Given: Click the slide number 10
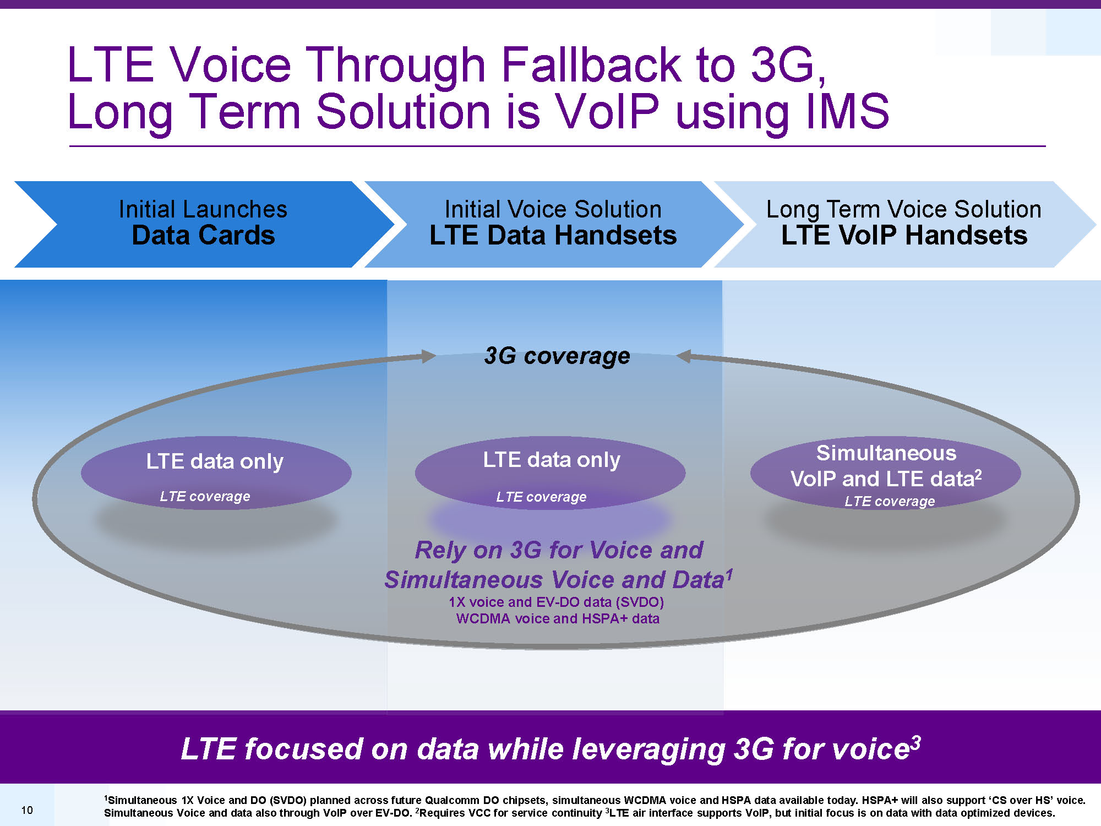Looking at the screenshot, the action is [x=27, y=810].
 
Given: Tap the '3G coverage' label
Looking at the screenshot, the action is [x=557, y=356].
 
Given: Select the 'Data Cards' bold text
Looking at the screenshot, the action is [x=204, y=235].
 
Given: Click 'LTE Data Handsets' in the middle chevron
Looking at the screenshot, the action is [x=553, y=235].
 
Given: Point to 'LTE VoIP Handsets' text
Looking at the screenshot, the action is [x=904, y=235].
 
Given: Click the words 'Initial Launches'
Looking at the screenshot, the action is [x=203, y=209].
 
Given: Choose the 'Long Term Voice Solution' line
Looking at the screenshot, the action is [x=904, y=210].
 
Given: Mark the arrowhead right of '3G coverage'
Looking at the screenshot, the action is [x=683, y=356].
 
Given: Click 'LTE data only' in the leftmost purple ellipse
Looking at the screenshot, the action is [x=215, y=461].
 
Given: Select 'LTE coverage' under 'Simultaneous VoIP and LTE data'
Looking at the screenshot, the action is [x=890, y=501].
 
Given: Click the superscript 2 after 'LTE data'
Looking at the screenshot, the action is [x=978, y=474].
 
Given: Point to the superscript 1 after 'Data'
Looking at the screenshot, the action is [x=729, y=575].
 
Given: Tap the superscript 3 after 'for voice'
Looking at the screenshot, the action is [x=915, y=743].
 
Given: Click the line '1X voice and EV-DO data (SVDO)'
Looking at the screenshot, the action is [x=557, y=602].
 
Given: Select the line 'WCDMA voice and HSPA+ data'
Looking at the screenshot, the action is [x=558, y=619].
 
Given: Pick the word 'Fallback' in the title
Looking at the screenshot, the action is [x=591, y=64].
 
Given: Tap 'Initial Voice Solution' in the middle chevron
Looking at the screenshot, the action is [x=553, y=209].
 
